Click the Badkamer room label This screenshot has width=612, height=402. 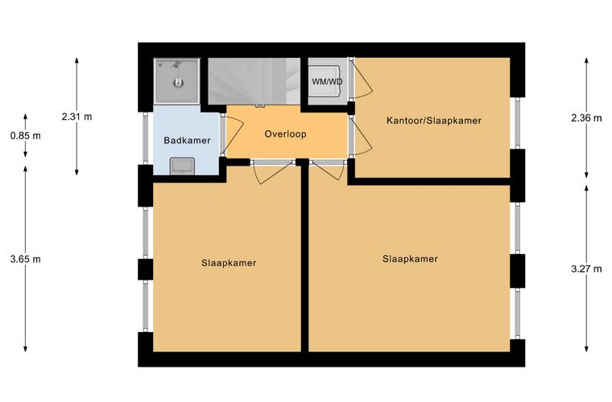(187, 140)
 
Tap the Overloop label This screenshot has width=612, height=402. (285, 134)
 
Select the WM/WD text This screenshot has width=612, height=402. (327, 82)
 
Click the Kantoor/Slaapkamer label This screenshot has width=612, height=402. (433, 121)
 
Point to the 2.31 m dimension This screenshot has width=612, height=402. (76, 117)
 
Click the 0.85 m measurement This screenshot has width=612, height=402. (26, 136)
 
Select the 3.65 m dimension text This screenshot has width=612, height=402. (26, 259)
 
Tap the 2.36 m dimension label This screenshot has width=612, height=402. (586, 117)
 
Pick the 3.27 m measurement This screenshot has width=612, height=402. (586, 269)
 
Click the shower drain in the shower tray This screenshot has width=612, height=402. (179, 83)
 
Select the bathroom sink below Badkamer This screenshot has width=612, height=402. (182, 166)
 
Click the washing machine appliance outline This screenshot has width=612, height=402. (324, 81)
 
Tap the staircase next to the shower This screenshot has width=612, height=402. (254, 81)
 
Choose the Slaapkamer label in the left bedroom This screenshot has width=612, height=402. (229, 263)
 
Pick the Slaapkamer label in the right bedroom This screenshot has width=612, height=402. (410, 259)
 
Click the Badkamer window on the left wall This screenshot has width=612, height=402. (145, 138)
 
